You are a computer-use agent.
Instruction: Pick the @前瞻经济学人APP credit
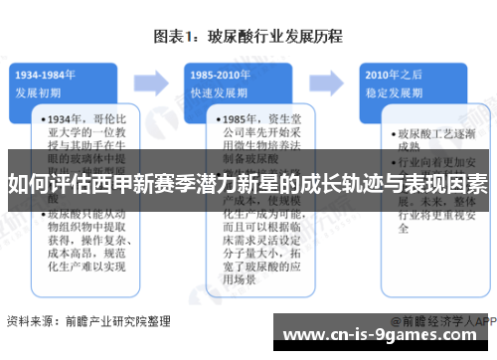437,322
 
